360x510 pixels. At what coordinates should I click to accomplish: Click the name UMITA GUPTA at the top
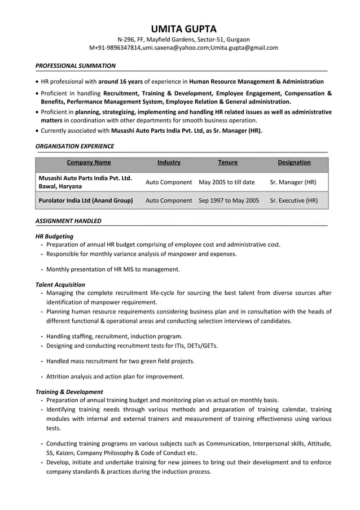(x=183, y=29)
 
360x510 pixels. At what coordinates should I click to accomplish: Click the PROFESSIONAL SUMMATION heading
(x=76, y=66)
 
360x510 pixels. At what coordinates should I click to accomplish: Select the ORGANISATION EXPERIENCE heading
(x=74, y=146)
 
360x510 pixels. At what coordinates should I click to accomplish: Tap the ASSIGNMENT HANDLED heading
(x=68, y=221)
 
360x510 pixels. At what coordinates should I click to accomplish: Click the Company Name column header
(x=89, y=163)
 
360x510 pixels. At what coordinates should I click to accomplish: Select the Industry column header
(x=169, y=163)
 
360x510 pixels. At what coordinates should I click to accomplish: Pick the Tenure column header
(x=227, y=163)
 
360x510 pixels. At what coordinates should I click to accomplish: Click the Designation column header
(x=294, y=163)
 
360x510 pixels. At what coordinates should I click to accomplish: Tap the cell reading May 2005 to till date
(x=227, y=182)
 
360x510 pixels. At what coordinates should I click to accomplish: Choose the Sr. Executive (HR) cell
(x=293, y=200)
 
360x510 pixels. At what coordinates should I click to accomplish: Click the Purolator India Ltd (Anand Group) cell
(x=85, y=200)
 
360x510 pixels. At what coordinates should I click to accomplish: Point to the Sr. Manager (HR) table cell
(x=293, y=182)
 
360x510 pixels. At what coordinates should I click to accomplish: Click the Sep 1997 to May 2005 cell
(x=229, y=200)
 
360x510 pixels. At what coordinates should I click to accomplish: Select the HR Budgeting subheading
(x=54, y=236)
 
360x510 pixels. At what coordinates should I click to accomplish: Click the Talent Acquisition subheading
(x=60, y=285)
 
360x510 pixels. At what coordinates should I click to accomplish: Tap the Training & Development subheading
(x=69, y=391)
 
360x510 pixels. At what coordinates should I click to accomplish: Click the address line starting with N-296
(x=183, y=40)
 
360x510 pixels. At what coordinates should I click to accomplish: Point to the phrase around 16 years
(x=120, y=81)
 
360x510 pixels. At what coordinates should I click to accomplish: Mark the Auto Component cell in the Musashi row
(x=169, y=182)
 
